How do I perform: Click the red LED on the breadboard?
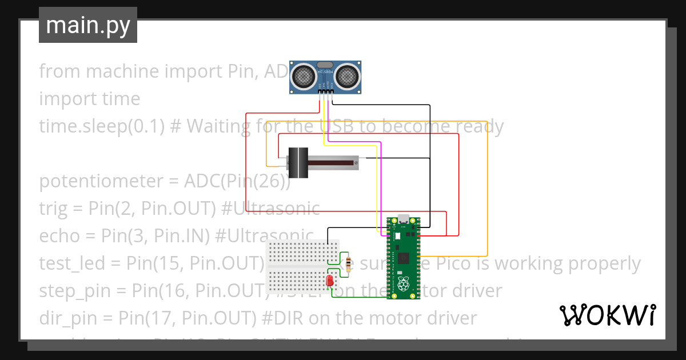point(330,281)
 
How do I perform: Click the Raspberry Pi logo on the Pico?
point(405,283)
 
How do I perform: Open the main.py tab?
point(88,26)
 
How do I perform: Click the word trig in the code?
point(53,209)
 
